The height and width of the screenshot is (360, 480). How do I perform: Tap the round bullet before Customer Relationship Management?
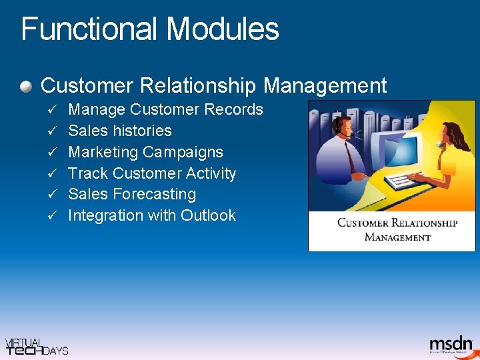(26, 86)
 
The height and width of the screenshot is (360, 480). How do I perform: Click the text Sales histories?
(120, 131)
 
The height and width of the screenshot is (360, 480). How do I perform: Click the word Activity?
(211, 173)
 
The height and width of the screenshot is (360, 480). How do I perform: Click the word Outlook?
(208, 215)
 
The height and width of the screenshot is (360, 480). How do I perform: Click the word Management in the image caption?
(397, 237)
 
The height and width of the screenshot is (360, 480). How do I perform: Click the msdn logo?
(450, 344)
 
